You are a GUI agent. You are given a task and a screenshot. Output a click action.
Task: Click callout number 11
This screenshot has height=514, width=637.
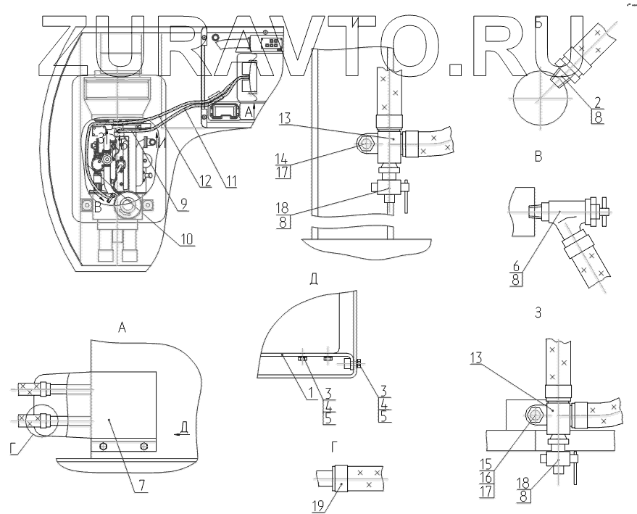pyautogui.click(x=230, y=182)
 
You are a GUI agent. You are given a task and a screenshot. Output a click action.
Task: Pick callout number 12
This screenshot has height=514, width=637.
pyautogui.click(x=204, y=182)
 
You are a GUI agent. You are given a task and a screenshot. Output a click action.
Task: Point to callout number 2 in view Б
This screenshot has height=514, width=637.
pyautogui.click(x=596, y=101)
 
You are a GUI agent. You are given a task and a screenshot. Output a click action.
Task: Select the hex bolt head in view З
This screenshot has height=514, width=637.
pyautogui.click(x=537, y=415)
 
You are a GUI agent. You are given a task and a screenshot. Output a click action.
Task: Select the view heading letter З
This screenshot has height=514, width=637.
pyautogui.click(x=536, y=314)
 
